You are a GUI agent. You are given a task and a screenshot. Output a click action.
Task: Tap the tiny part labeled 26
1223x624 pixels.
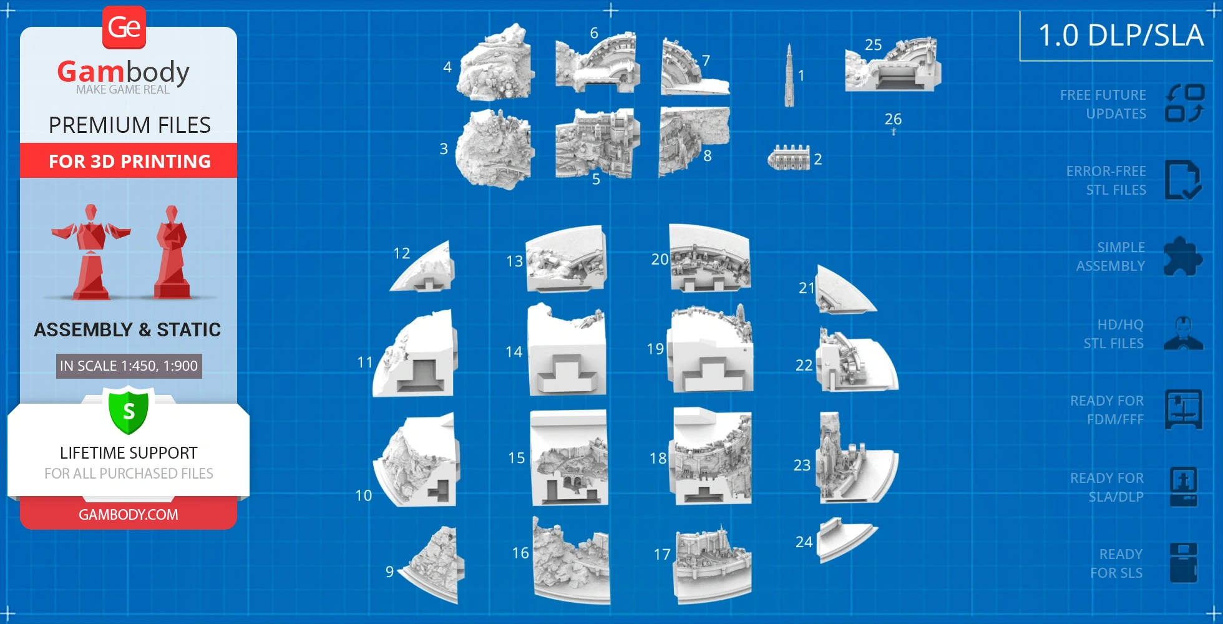(x=894, y=132)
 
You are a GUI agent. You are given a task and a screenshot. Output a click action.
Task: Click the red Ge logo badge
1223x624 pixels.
(x=124, y=27)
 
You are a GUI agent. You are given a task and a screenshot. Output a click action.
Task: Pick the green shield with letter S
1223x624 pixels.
(x=129, y=411)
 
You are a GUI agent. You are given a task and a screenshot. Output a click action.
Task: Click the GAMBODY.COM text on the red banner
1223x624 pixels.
(x=129, y=515)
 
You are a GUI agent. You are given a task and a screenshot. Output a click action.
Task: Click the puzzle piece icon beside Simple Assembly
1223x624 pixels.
(x=1183, y=256)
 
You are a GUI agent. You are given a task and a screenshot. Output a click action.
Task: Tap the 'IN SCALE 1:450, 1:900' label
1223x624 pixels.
(x=129, y=366)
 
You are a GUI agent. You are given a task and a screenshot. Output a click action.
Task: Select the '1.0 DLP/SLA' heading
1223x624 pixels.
(x=1121, y=35)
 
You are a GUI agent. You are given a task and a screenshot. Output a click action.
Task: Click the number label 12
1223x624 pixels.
(x=401, y=253)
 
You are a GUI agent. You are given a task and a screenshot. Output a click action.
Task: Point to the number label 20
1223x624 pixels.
(x=660, y=260)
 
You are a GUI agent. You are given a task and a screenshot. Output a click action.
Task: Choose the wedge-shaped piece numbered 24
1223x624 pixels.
(x=845, y=539)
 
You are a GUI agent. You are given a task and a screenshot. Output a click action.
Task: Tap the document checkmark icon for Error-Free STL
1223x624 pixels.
(x=1183, y=180)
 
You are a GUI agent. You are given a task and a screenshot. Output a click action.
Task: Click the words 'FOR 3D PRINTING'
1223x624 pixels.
(x=130, y=162)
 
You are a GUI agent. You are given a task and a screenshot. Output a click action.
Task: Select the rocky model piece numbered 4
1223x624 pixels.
(x=496, y=64)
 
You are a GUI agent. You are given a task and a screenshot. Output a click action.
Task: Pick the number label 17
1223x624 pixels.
(x=662, y=554)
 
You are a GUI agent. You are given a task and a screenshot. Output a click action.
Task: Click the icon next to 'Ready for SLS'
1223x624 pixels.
(x=1183, y=562)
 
